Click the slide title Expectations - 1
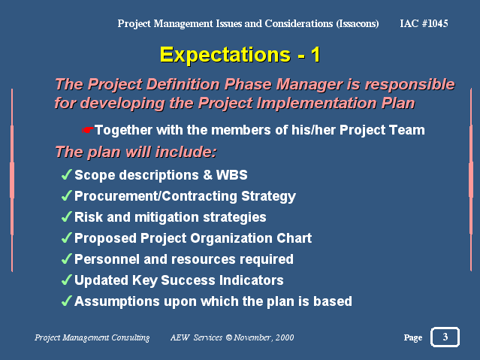pyautogui.click(x=240, y=55)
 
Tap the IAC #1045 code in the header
pyautogui.click(x=424, y=23)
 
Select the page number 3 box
pyautogui.click(x=445, y=337)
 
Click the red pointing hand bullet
pyautogui.click(x=88, y=130)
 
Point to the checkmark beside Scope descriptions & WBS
pyautogui.click(x=67, y=174)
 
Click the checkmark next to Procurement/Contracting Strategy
pyautogui.click(x=67, y=195)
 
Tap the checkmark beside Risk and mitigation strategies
pyautogui.click(x=67, y=217)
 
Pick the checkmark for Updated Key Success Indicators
pyautogui.click(x=67, y=280)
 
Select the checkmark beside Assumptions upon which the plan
pyautogui.click(x=67, y=301)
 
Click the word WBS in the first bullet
pyautogui.click(x=231, y=175)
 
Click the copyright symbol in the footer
pyautogui.click(x=229, y=337)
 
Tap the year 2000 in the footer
pyautogui.click(x=285, y=337)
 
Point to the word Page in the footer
pyautogui.click(x=413, y=337)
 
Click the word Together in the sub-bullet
pyautogui.click(x=123, y=130)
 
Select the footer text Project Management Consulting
pyautogui.click(x=92, y=337)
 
